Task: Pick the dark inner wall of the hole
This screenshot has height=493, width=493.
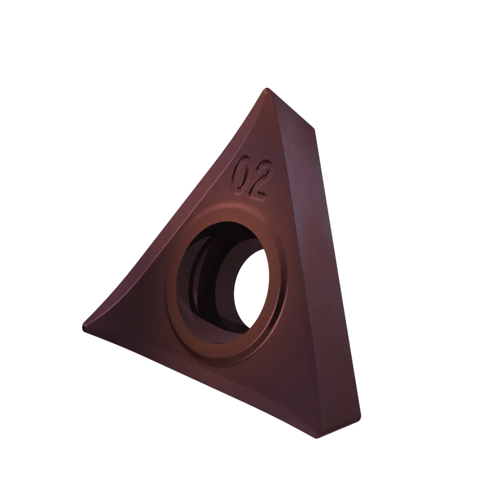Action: pos(203,277)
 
